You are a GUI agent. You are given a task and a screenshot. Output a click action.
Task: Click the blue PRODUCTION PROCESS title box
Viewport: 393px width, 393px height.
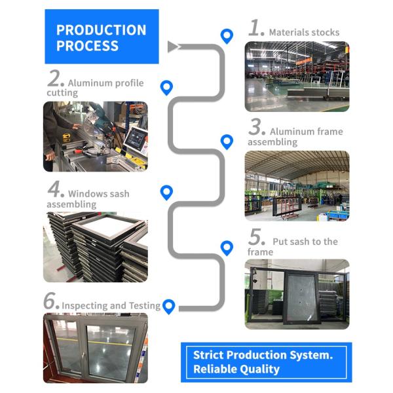[x=101, y=37]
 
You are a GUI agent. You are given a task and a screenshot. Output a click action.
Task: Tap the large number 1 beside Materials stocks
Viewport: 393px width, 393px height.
[x=256, y=28]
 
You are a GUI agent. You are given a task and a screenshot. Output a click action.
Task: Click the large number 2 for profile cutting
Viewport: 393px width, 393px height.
[x=55, y=80]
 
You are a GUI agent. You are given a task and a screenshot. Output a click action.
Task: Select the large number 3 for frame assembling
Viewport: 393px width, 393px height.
[x=256, y=127]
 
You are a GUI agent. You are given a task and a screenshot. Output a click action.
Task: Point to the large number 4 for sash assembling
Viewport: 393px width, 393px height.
[x=55, y=191]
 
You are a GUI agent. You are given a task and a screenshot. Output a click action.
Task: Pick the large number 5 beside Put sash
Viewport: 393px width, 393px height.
[x=256, y=237]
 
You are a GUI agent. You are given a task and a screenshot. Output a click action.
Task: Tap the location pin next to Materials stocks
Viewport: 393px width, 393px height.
[x=227, y=36]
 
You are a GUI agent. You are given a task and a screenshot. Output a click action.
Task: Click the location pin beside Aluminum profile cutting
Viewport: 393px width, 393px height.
[x=167, y=87]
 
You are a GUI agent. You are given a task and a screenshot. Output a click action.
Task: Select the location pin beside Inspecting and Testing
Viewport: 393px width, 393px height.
[x=169, y=306]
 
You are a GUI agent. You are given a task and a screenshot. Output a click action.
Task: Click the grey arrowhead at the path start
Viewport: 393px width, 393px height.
[x=173, y=47]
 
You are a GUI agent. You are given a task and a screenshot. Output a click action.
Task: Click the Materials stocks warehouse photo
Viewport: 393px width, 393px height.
[x=297, y=76]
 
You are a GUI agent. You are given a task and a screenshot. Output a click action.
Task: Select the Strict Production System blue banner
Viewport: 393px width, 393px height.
[x=266, y=362]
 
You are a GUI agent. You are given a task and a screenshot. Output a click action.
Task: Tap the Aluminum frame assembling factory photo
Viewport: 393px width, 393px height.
[x=297, y=185]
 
